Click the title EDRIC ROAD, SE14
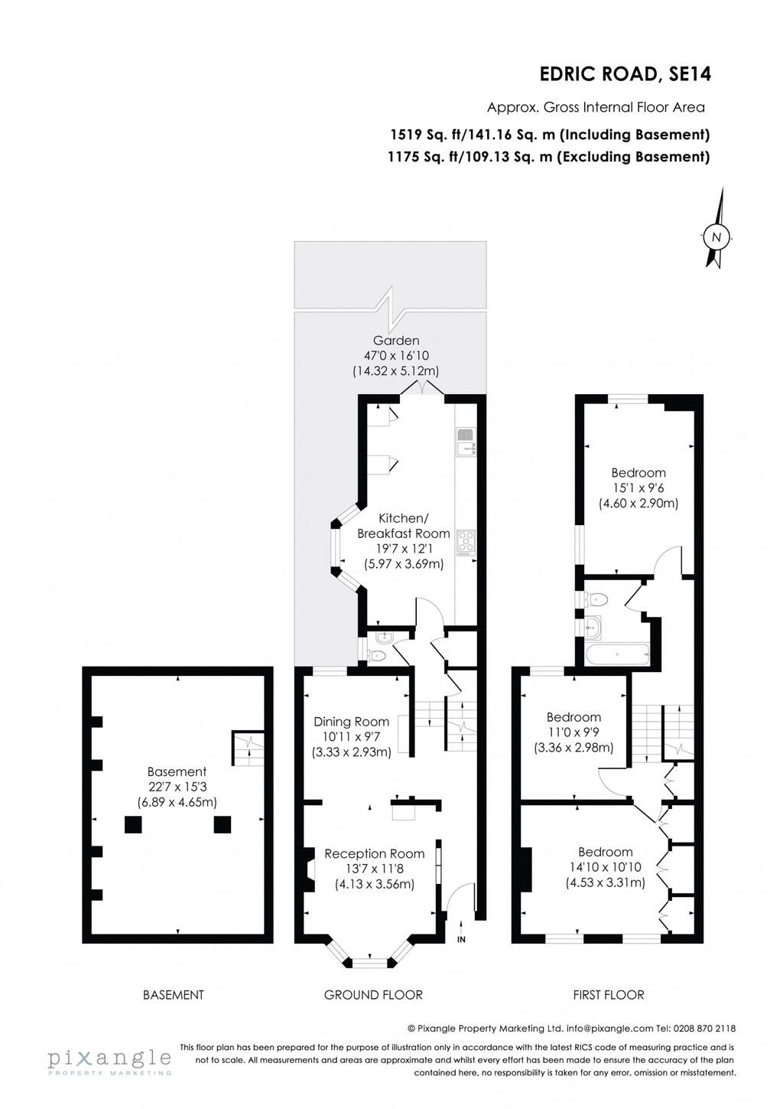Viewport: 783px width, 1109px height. click(x=625, y=74)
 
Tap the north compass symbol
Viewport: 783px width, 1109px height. click(x=716, y=237)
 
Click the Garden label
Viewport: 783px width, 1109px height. click(x=395, y=341)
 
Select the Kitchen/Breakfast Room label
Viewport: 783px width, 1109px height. click(x=404, y=526)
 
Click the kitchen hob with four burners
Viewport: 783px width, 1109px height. click(x=465, y=541)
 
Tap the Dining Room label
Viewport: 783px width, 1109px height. click(x=351, y=722)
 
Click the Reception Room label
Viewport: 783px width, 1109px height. click(x=374, y=853)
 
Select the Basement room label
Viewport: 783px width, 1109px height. click(x=177, y=772)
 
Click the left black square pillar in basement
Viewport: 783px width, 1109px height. click(x=133, y=824)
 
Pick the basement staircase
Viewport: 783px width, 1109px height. click(x=248, y=748)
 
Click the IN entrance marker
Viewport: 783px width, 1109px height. click(x=461, y=939)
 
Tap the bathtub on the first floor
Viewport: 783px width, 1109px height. click(x=617, y=654)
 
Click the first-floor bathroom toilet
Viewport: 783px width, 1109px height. click(x=596, y=599)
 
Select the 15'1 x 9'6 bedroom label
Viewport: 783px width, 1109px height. click(x=638, y=473)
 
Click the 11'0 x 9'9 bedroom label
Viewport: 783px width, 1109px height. click(x=573, y=717)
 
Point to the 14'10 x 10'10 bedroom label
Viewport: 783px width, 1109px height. click(x=605, y=852)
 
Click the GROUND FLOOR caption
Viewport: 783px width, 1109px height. click(x=373, y=995)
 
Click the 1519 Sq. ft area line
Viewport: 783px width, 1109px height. click(x=550, y=135)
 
